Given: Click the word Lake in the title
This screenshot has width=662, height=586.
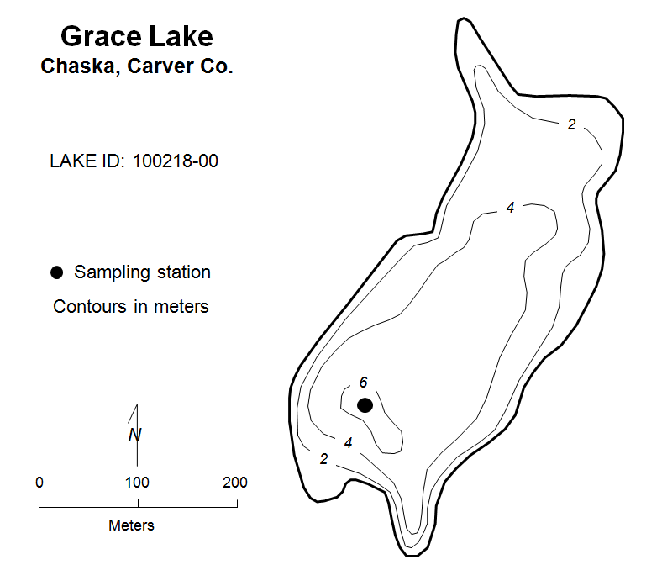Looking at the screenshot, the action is pyautogui.click(x=181, y=36).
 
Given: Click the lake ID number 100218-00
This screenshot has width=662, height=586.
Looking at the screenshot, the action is pyautogui.click(x=176, y=161).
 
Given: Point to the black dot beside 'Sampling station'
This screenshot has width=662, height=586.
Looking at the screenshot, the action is pyautogui.click(x=56, y=272).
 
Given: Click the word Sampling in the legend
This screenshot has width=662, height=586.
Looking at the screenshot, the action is pyautogui.click(x=113, y=273).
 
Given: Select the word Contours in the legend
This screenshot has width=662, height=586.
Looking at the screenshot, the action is pyautogui.click(x=90, y=307).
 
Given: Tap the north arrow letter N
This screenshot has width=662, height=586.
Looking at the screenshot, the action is pyautogui.click(x=134, y=435).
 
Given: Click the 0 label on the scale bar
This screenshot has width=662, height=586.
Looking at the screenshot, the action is pyautogui.click(x=39, y=483).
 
